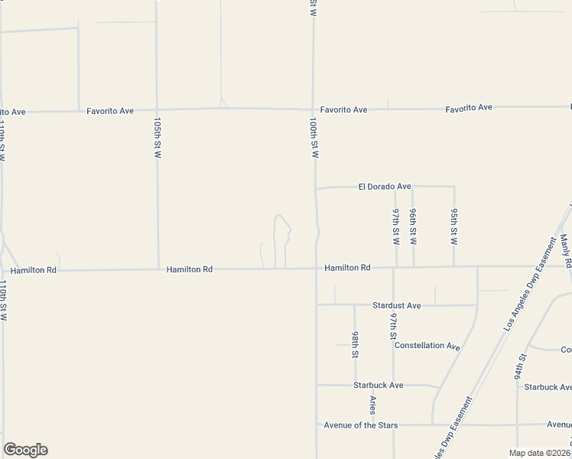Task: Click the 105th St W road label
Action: [158, 138]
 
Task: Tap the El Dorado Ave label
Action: [385, 186]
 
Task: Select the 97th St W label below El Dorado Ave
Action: [396, 226]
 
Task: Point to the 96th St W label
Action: [413, 226]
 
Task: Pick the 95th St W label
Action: [453, 226]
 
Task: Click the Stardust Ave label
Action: [396, 305]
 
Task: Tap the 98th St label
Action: [355, 344]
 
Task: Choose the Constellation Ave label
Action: [427, 346]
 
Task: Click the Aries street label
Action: [373, 405]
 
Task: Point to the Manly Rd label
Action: [566, 250]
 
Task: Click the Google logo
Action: [25, 450]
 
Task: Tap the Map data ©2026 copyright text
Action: [539, 453]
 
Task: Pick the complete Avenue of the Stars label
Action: [360, 425]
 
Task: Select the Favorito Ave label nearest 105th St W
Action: [110, 111]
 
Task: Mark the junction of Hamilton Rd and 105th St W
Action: [158, 269]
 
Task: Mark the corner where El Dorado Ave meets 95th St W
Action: [455, 186]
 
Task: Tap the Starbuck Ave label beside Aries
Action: [378, 385]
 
